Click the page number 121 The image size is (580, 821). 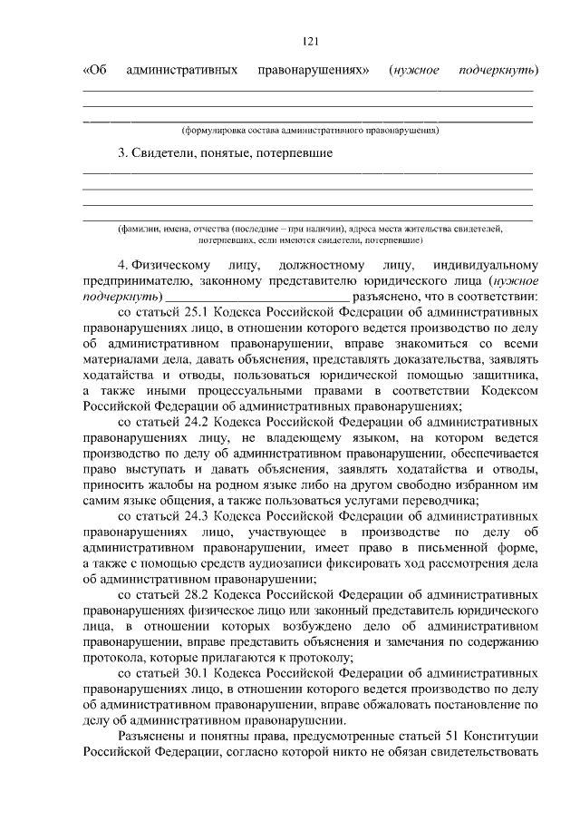coord(308,40)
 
